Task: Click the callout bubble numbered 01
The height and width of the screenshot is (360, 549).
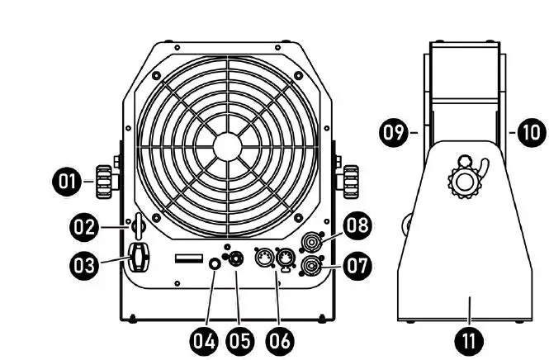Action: pyautogui.click(x=67, y=182)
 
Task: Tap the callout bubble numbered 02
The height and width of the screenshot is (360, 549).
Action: pyautogui.click(x=84, y=227)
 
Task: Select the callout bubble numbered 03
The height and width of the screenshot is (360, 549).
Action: pyautogui.click(x=84, y=265)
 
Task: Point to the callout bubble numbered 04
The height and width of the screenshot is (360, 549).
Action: pyautogui.click(x=204, y=340)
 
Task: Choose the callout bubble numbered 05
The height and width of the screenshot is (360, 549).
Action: pyautogui.click(x=240, y=340)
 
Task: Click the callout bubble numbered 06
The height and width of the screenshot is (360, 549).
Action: pyautogui.click(x=280, y=340)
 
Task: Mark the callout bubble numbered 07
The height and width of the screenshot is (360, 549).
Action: pyautogui.click(x=357, y=265)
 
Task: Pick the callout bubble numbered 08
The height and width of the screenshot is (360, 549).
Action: pyautogui.click(x=357, y=225)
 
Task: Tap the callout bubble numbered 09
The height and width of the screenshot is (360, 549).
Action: pyautogui.click(x=395, y=132)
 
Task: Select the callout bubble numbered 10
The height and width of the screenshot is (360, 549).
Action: pyautogui.click(x=532, y=132)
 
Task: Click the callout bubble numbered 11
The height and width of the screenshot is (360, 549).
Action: pyautogui.click(x=469, y=340)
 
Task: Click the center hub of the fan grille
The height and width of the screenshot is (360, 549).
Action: pyautogui.click(x=227, y=147)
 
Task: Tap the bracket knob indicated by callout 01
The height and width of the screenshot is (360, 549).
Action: pyautogui.click(x=104, y=182)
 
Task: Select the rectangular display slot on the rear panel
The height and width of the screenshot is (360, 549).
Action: pyautogui.click(x=189, y=258)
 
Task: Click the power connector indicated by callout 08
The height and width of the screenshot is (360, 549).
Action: pyautogui.click(x=311, y=242)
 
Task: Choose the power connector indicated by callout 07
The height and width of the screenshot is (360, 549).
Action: pyautogui.click(x=311, y=266)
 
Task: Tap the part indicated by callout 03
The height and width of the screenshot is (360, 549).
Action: pyautogui.click(x=139, y=258)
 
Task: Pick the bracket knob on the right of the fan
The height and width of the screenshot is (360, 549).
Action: pyautogui.click(x=351, y=182)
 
